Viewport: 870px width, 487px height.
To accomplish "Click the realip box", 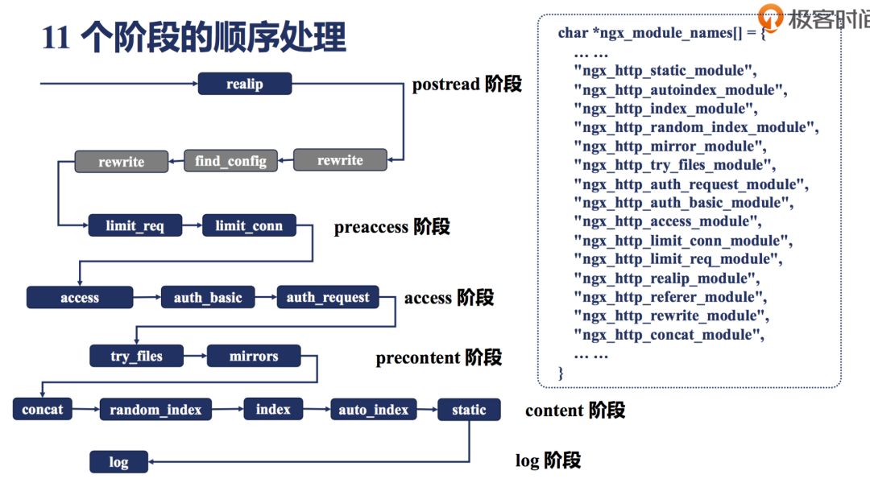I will click(244, 84).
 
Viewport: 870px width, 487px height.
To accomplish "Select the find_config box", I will click(230, 161).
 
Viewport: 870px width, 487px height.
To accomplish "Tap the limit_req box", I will click(135, 226).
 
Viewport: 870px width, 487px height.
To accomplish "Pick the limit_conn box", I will click(249, 226).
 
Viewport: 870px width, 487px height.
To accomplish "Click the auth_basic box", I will click(208, 298).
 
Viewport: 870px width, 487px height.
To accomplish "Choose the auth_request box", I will click(328, 298).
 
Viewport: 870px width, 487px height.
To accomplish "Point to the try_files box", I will click(136, 356).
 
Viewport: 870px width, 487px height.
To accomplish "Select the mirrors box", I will click(254, 356).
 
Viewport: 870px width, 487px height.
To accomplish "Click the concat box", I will click(43, 409).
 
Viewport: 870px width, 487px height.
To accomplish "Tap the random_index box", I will click(155, 410).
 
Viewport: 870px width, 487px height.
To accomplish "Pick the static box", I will click(469, 410).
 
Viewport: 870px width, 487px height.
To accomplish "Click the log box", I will click(118, 462).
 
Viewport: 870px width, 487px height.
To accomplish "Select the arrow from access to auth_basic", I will click(147, 298).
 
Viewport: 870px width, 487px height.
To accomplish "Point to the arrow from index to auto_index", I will click(316, 410).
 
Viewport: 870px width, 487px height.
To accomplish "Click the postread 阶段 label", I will click(467, 85).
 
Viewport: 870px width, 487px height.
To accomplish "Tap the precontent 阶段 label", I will click(438, 357).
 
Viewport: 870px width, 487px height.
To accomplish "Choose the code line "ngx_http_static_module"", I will click(665, 71).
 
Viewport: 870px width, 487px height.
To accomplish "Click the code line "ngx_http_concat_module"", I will click(669, 335).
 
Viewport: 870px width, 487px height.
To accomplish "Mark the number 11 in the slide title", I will click(56, 38).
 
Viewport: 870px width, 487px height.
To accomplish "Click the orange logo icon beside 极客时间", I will click(772, 17).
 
